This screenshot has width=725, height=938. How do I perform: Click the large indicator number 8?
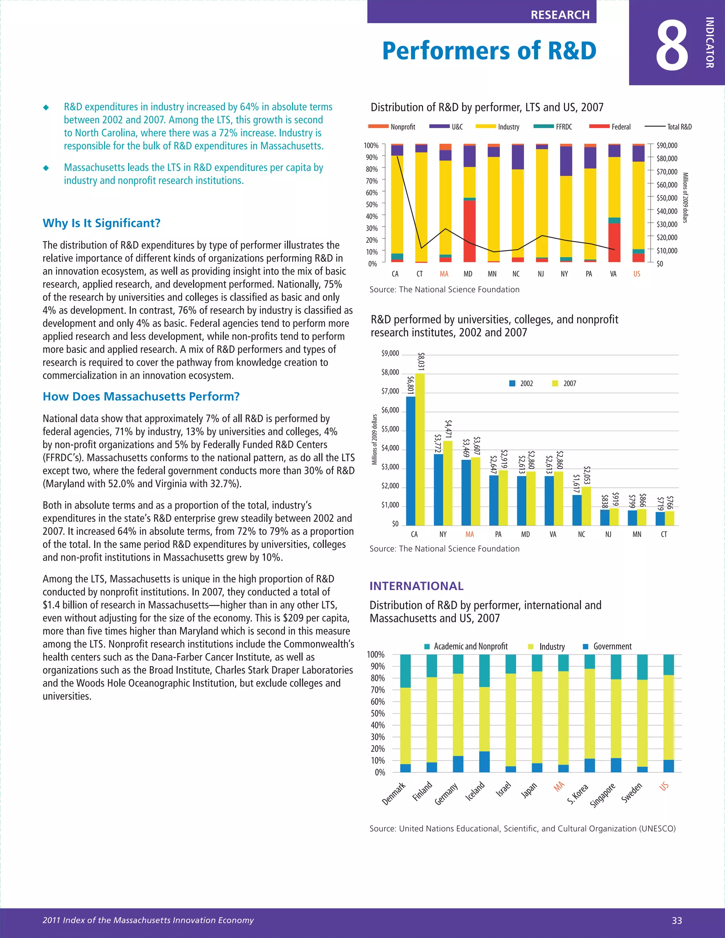[x=672, y=46]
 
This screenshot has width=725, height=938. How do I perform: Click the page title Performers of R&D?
[x=489, y=51]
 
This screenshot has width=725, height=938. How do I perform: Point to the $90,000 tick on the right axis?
[x=667, y=145]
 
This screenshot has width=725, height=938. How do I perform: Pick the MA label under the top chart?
[x=444, y=274]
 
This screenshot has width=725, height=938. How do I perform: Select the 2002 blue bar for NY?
[x=439, y=490]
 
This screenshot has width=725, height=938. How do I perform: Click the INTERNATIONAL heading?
[x=416, y=586]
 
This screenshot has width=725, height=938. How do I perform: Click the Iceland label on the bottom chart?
[x=475, y=791]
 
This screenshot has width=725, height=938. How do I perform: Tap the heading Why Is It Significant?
[x=101, y=223]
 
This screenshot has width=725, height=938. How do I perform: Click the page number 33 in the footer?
[x=677, y=920]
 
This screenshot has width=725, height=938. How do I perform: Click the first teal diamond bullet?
[x=46, y=107]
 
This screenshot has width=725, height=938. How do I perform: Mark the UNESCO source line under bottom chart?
[x=522, y=829]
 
